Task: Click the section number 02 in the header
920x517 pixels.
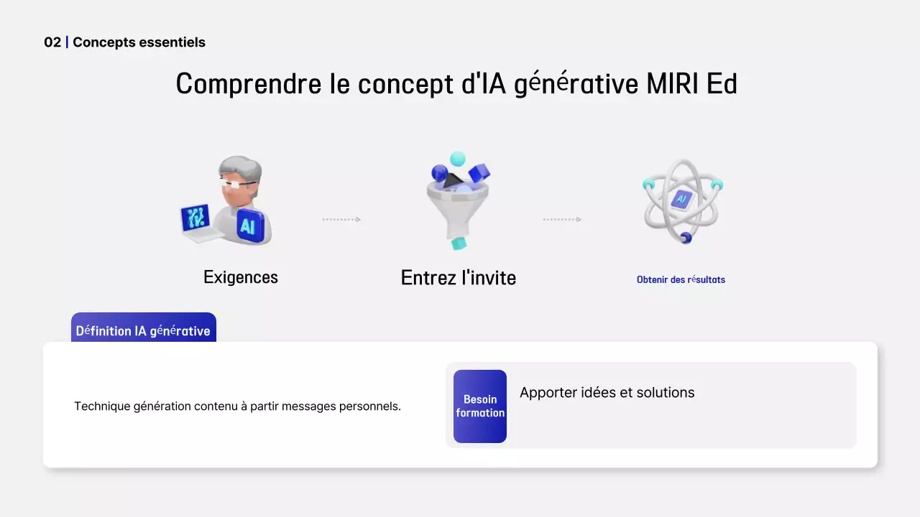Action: click(52, 42)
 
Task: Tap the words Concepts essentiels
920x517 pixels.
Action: click(139, 42)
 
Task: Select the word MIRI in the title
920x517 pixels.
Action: click(672, 84)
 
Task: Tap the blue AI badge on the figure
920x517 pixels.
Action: click(249, 225)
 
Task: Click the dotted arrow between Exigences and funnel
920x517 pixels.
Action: click(341, 220)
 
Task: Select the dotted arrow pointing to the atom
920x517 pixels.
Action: click(562, 220)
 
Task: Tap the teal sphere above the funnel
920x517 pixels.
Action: click(457, 159)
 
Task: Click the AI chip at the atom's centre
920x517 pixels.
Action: click(681, 200)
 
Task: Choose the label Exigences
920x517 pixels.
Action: click(241, 277)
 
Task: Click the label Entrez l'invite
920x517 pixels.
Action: click(459, 278)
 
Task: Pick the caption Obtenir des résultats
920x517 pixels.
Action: click(681, 280)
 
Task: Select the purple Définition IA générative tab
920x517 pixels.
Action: click(143, 330)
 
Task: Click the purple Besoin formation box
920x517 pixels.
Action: click(480, 406)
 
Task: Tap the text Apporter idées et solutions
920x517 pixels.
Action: click(607, 393)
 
